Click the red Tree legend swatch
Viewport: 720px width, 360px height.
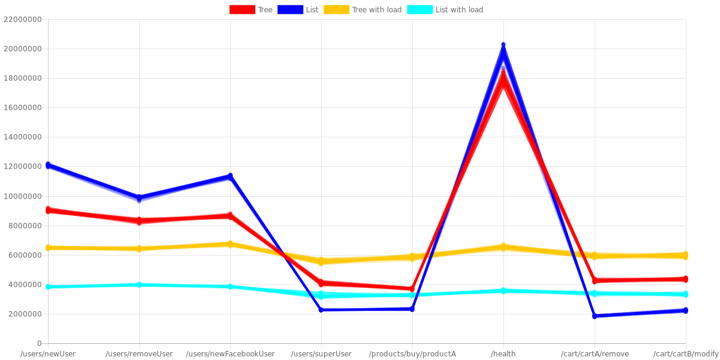pos(242,10)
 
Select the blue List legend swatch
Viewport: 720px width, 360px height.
pos(290,10)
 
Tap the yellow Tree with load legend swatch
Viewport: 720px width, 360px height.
pos(336,10)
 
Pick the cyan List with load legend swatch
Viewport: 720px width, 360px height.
pos(419,10)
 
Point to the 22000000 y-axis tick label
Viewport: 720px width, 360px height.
pos(22,19)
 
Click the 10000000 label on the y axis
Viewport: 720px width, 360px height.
pos(22,196)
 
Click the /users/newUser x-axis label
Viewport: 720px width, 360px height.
pos(48,354)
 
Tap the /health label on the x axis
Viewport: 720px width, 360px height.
pos(503,354)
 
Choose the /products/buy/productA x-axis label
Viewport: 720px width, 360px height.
pos(412,354)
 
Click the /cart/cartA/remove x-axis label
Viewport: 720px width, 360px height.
pos(595,354)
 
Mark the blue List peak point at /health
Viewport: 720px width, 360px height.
pos(503,45)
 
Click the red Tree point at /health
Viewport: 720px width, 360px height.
pos(503,72)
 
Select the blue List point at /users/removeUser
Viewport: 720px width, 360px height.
pos(139,198)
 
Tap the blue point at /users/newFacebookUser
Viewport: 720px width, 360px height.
pos(230,176)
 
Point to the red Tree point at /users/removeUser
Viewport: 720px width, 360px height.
pos(139,221)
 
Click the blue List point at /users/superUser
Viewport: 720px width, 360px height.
pos(321,310)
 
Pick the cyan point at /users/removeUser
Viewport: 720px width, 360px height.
pos(139,284)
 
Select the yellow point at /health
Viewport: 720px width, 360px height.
pos(503,247)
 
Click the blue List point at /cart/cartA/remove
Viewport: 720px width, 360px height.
pos(595,316)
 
